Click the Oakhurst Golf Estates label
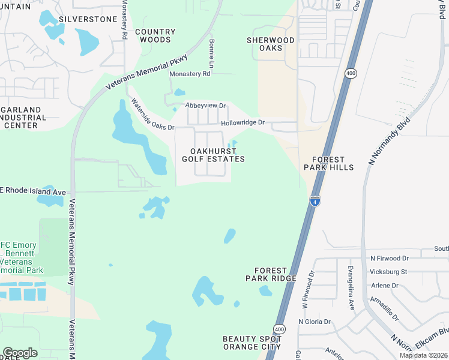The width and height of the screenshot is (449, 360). click(x=213, y=155)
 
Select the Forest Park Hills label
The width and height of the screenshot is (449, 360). click(x=328, y=163)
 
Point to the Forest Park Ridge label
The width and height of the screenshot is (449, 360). click(x=271, y=274)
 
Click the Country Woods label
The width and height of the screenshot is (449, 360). click(x=155, y=35)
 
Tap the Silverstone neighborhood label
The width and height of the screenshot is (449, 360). click(x=89, y=19)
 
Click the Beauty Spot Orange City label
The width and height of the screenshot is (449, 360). click(x=252, y=343)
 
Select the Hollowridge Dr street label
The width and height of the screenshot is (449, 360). click(x=243, y=122)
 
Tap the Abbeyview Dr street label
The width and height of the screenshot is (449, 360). click(x=205, y=106)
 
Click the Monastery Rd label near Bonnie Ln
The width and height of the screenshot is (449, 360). click(x=190, y=74)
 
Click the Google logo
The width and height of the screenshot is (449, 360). click(x=20, y=352)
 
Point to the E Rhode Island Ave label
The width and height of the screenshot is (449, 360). click(x=34, y=192)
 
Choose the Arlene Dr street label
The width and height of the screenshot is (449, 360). click(x=385, y=285)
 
